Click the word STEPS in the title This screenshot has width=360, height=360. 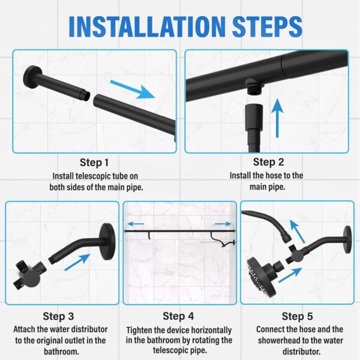click(262, 26)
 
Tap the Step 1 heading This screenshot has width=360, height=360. click(95, 163)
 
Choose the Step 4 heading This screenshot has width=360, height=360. click(178, 316)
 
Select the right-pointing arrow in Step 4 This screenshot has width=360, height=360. click(223, 224)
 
